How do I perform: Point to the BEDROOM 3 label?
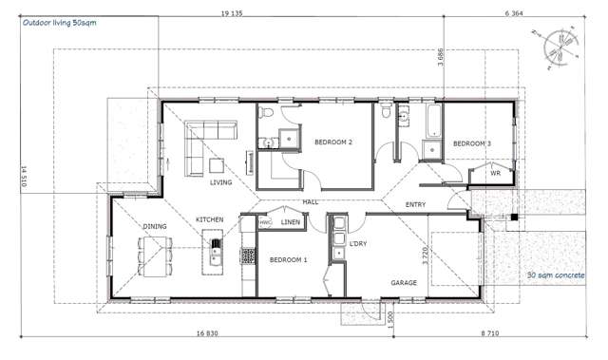tap(472, 143)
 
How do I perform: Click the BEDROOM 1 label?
tap(288, 259)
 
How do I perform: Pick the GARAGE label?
tap(405, 282)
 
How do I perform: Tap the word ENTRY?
tap(415, 204)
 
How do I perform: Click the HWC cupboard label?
tap(265, 222)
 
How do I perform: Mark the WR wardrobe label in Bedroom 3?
tap(495, 174)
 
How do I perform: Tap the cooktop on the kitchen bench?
tap(249, 256)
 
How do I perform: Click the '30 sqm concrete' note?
tap(556, 276)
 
